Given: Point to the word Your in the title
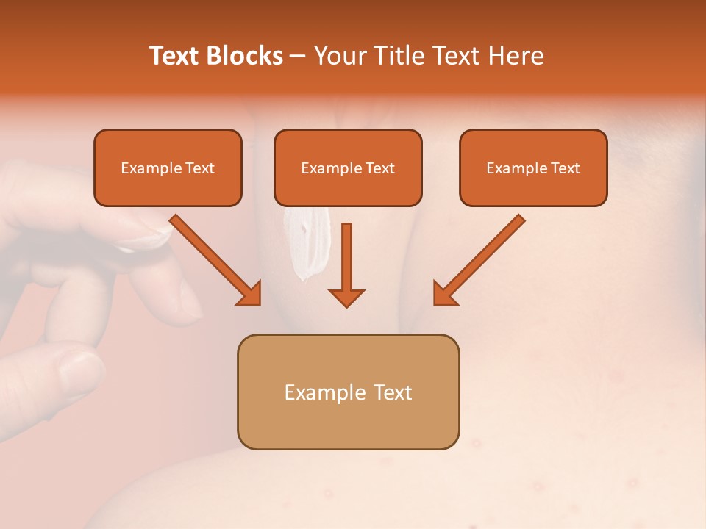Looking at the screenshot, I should coord(340,56).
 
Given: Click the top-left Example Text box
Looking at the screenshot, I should coord(168,168).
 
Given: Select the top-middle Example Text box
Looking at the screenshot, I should coord(348,168).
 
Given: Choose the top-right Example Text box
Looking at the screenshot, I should coord(533,168).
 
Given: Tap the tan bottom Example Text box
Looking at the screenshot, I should coord(348,392).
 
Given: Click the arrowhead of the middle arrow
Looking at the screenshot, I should coord(346,297).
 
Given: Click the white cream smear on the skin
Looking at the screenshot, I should coord(305,242).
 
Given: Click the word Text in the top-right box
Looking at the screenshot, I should coord(565,168).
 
